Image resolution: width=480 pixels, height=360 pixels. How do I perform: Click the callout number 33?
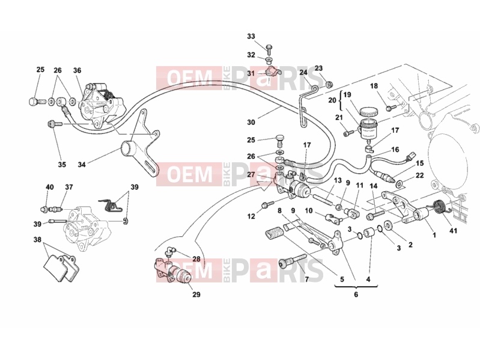click(251, 37)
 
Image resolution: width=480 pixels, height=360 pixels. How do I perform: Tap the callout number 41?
click(453, 230)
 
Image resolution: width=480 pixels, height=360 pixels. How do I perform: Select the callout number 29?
click(196, 294)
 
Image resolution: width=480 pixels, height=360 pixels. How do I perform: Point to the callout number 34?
click(82, 165)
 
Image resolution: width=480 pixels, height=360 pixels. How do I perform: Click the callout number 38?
click(37, 239)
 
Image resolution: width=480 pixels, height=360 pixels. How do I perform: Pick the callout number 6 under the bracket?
click(356, 294)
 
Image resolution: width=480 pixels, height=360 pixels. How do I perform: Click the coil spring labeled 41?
click(440, 209)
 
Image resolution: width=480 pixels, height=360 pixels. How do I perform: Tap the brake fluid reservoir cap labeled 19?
click(369, 112)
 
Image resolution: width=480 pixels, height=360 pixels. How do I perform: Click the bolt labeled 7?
click(293, 260)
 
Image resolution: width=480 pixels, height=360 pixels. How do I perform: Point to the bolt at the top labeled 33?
click(269, 49)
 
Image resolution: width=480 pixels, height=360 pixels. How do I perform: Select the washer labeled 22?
click(399, 184)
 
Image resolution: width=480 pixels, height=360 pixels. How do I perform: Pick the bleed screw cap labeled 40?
click(44, 209)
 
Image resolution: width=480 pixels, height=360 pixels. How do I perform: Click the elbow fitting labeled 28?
click(170, 251)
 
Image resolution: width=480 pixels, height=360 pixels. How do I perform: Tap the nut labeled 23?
click(329, 84)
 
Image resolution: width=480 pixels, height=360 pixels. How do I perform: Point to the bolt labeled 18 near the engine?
click(391, 108)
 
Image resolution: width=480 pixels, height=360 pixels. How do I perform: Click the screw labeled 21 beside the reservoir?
click(350, 133)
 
